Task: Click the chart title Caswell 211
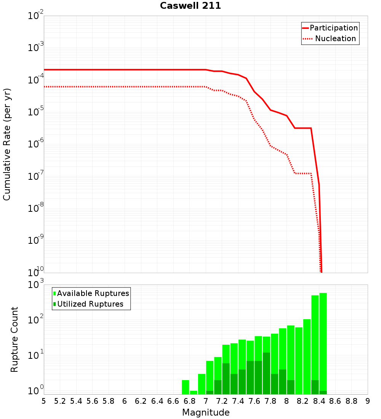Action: [190, 6]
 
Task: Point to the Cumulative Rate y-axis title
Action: [7, 144]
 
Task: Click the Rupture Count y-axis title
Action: [14, 339]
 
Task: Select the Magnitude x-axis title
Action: [206, 413]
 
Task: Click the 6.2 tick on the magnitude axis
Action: [141, 401]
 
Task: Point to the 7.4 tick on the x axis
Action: [238, 401]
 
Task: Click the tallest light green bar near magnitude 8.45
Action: [323, 343]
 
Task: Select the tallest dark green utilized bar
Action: [266, 373]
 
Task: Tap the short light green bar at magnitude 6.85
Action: [194, 392]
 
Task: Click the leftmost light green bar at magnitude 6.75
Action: [186, 387]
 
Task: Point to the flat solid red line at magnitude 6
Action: [125, 70]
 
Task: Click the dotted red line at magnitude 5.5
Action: [84, 87]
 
